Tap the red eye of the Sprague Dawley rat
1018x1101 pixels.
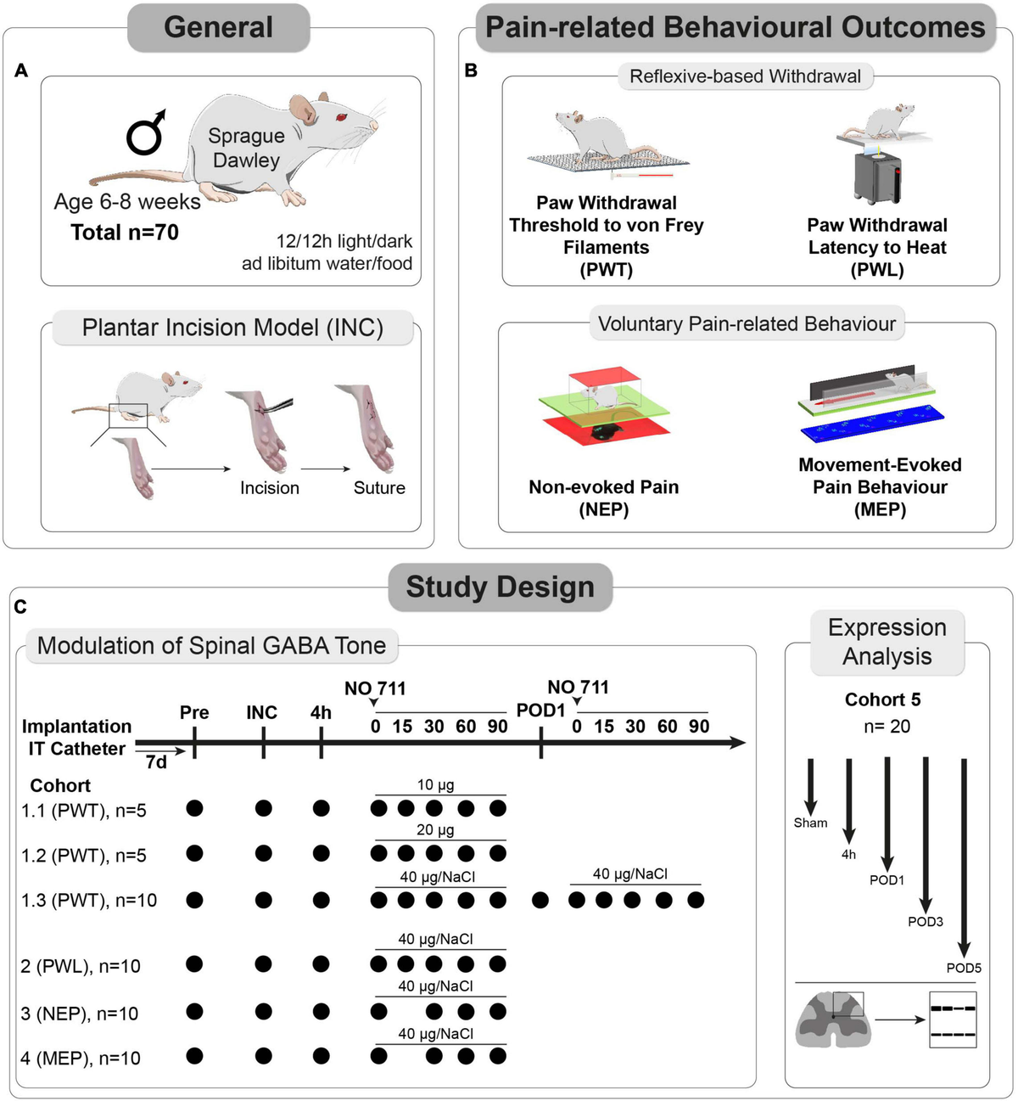(x=343, y=116)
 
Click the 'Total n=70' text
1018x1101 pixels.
(x=125, y=233)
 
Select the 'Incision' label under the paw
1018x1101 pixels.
(x=269, y=488)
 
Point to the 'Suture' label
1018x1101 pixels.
(x=379, y=488)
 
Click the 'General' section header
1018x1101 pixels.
(x=218, y=27)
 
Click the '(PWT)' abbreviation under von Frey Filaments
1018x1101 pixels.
(x=606, y=270)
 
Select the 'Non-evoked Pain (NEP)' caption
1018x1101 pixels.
(x=603, y=497)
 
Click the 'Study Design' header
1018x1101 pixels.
(x=500, y=587)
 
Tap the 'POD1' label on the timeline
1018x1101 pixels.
(x=540, y=710)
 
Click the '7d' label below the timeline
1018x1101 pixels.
(x=156, y=762)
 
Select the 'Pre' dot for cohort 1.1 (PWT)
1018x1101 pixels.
(x=194, y=808)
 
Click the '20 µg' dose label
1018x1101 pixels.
(x=435, y=830)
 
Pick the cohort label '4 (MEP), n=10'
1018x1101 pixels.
(x=81, y=1059)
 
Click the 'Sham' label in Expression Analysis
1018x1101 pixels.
(x=810, y=823)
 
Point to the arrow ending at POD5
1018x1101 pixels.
(x=964, y=857)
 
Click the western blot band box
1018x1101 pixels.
(x=953, y=1020)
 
